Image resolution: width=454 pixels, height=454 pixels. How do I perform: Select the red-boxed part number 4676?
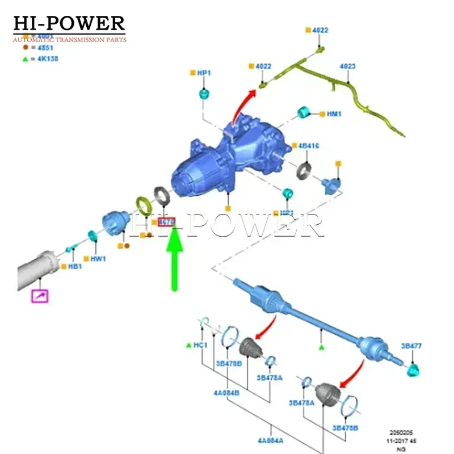tap(167, 222)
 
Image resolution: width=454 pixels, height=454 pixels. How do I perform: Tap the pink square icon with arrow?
tap(40, 295)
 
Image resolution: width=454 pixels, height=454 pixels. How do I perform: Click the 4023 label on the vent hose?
tap(347, 66)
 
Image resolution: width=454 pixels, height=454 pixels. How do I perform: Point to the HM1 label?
tap(334, 114)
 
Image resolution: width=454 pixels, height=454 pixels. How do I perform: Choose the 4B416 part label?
tap(309, 146)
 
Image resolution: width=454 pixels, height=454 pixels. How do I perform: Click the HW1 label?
tap(98, 259)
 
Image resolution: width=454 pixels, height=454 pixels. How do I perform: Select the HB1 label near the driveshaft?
tap(75, 266)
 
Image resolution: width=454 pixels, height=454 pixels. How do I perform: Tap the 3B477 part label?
tap(411, 346)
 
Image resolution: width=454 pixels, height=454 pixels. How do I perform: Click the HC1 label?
tap(200, 345)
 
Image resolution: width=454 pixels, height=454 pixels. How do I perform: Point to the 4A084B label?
tap(226, 392)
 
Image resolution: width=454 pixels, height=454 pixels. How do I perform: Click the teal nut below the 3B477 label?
tap(414, 370)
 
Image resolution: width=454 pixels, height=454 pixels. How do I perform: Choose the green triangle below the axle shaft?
tap(321, 346)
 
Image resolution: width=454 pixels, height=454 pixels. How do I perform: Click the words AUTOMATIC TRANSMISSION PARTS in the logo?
tap(69, 40)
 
